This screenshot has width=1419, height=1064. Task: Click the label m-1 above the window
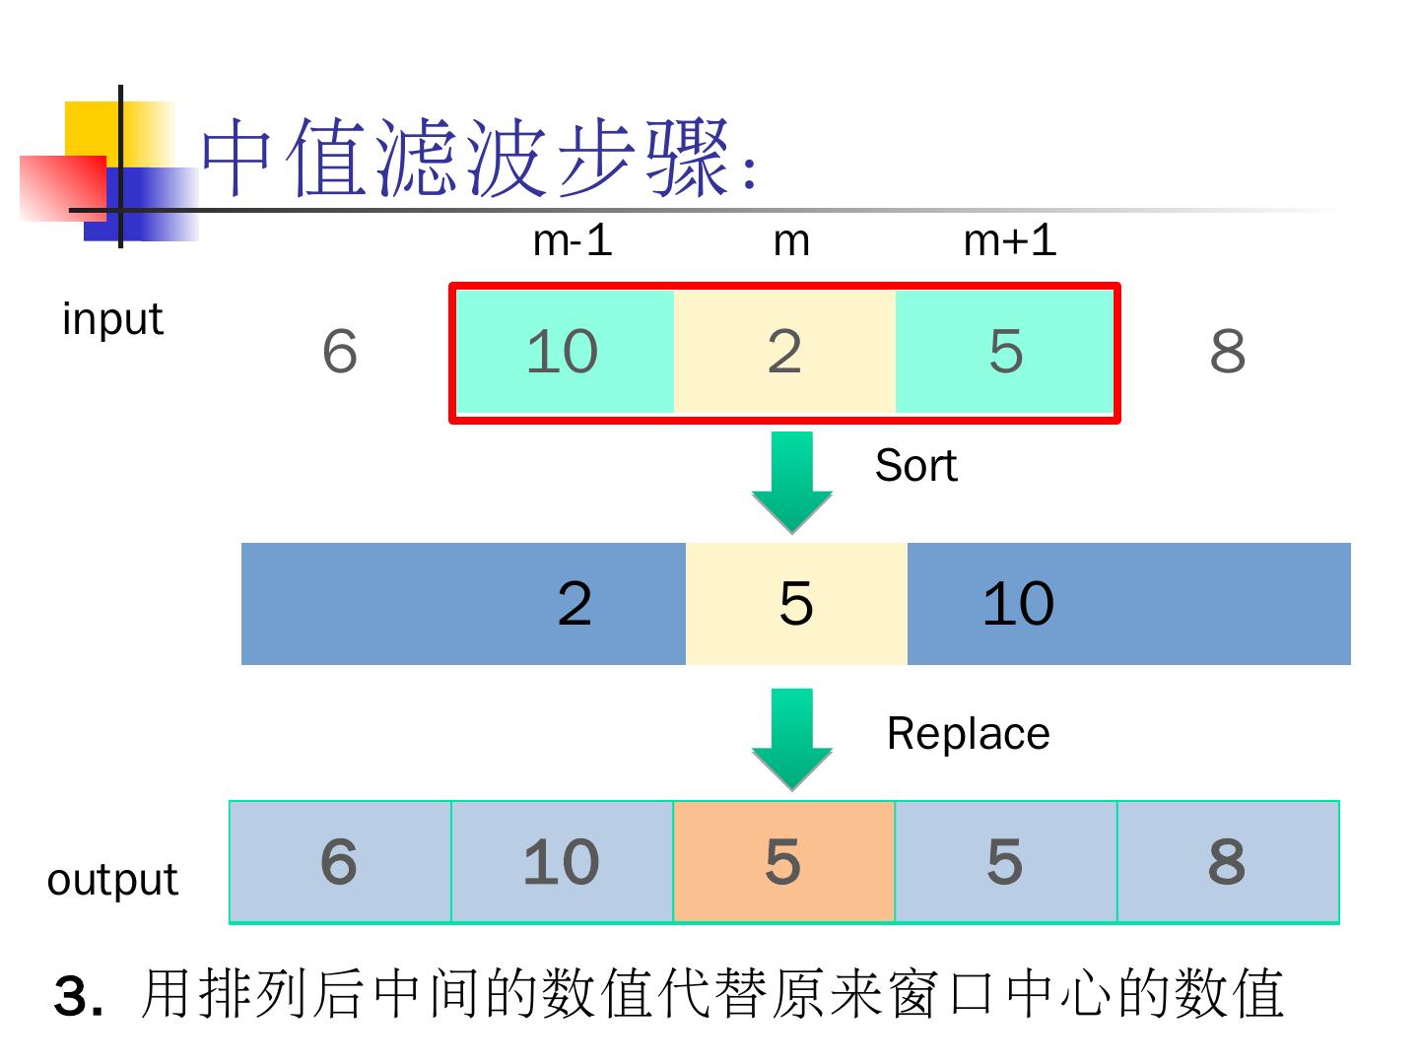572,240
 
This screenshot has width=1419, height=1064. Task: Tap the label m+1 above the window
1009,240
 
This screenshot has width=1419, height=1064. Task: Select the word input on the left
111,319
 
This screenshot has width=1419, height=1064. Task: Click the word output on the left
112,879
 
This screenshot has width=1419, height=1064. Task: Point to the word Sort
915,465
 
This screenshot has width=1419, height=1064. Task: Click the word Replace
968,734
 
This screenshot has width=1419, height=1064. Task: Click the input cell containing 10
563,352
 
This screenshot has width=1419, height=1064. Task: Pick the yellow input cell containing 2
784,352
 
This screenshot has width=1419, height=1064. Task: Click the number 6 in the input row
340,352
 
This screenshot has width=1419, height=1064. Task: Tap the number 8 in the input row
1227,352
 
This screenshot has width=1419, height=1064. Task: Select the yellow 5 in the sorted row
796,604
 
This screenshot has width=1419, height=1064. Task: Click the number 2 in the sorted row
574,604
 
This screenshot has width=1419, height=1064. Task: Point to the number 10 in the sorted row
1018,604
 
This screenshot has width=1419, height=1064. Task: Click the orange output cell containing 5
783,862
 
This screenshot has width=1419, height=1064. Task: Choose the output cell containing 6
340,862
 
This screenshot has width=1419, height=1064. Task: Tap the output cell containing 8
1227,862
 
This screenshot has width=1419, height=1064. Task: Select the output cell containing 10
562,862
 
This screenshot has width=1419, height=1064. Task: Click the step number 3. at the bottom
78,997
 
